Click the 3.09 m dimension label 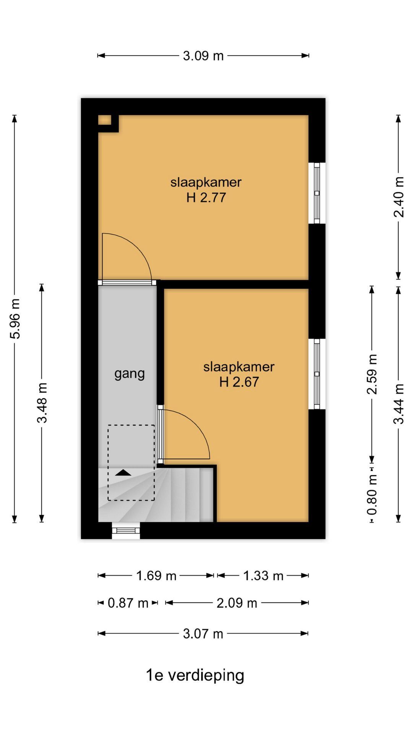(x=203, y=56)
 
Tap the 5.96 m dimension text (x=15, y=319)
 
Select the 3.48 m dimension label (x=42, y=403)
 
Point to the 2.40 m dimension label (x=399, y=197)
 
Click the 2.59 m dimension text (x=372, y=374)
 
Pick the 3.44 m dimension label (x=399, y=404)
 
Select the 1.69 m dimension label (x=156, y=576)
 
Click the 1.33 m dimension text (x=263, y=576)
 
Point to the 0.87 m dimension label (x=128, y=603)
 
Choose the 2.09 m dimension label (x=237, y=603)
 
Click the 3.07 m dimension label (x=203, y=634)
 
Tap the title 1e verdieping (x=195, y=675)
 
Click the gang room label (x=130, y=374)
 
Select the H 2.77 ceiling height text (x=206, y=198)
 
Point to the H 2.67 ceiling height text (x=239, y=382)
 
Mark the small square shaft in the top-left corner (x=105, y=120)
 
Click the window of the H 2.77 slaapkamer (x=317, y=193)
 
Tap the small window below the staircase (x=126, y=531)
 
